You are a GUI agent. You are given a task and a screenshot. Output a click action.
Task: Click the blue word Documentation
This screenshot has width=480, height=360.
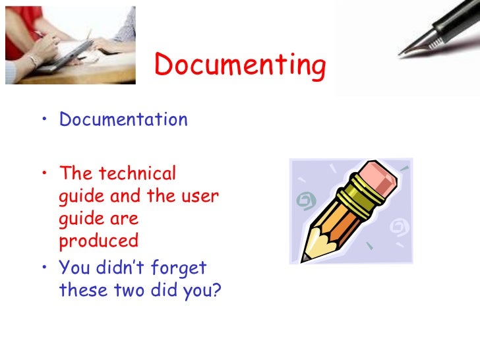coord(123,120)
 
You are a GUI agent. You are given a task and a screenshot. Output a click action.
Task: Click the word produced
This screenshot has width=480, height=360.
coord(99,241)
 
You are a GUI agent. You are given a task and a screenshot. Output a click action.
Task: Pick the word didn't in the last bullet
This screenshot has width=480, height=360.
coord(125,268)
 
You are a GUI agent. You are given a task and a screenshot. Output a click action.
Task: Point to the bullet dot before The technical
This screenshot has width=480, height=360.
coord(44,174)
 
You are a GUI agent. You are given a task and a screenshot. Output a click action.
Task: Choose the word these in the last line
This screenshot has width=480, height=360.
coord(81,290)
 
